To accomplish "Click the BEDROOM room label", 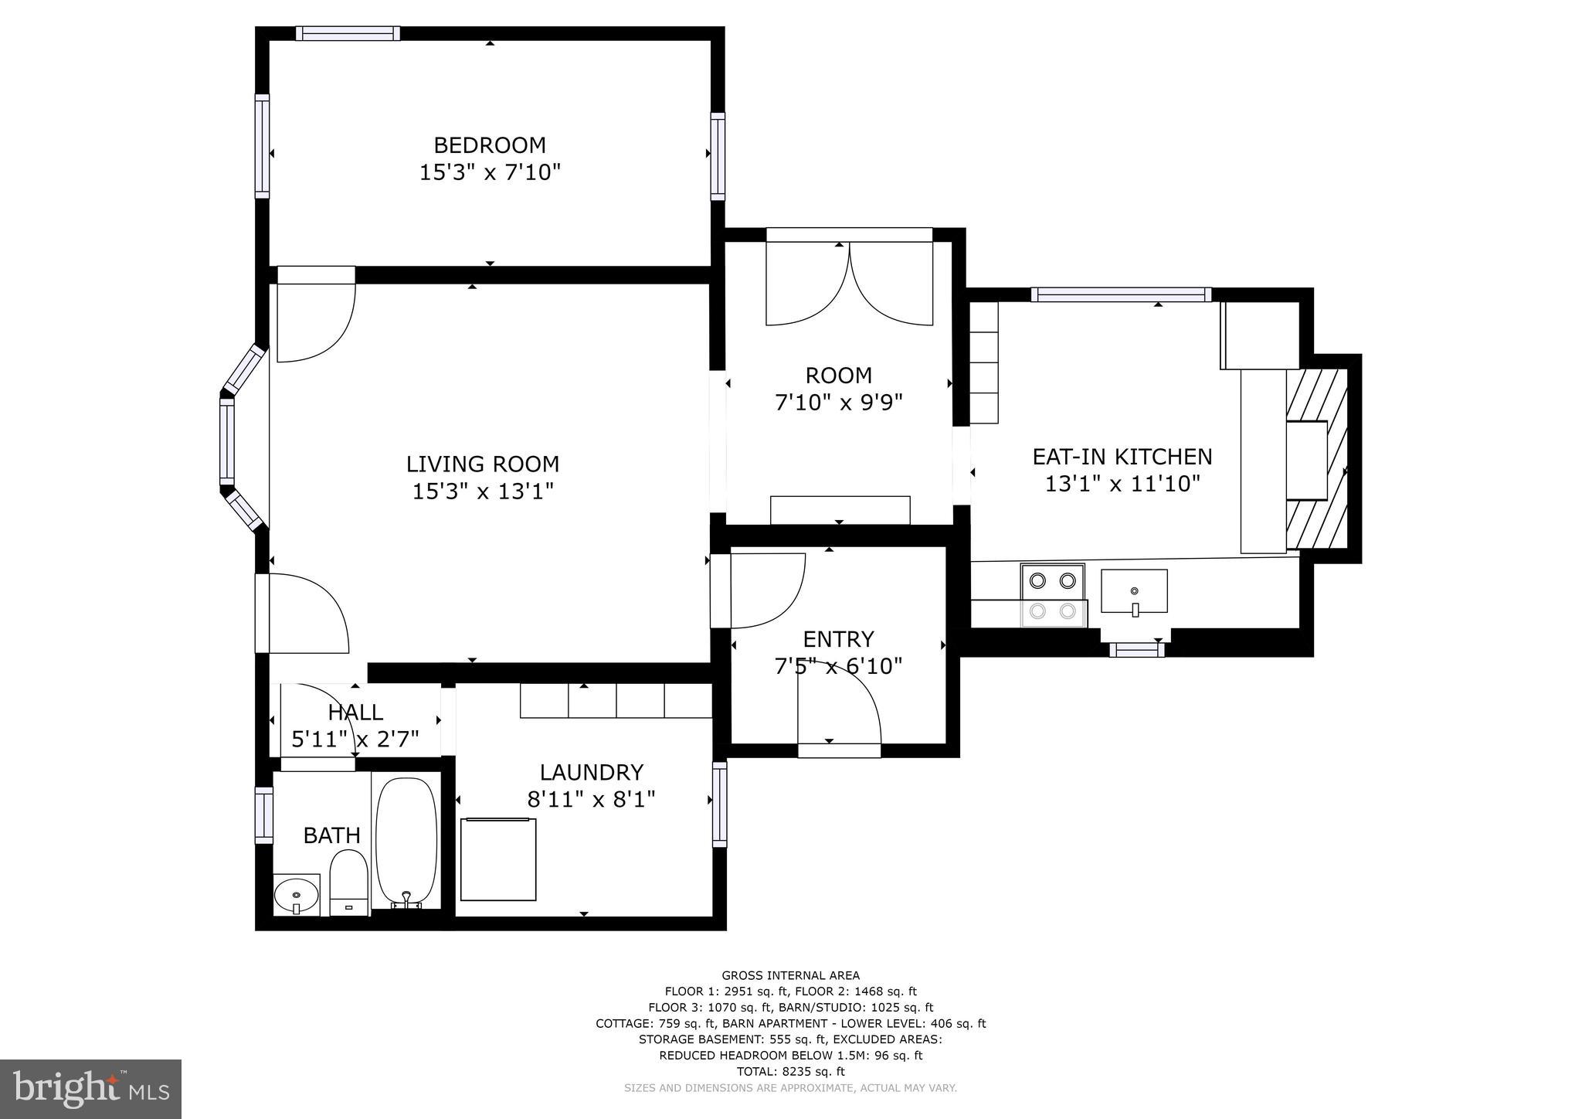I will (489, 145).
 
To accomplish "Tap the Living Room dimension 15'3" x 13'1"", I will (483, 491).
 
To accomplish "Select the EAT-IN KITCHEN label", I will (1122, 457).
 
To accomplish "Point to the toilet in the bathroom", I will (348, 882).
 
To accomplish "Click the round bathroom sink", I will (297, 896).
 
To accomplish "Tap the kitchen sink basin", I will (1133, 591).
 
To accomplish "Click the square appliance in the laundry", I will (498, 859).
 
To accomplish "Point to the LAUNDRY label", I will (591, 773).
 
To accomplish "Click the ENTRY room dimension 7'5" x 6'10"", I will (838, 666).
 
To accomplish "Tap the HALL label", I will (355, 713).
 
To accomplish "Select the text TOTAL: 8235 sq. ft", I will (790, 1071).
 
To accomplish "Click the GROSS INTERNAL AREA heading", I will (790, 975).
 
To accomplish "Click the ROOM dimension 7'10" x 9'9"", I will (838, 403).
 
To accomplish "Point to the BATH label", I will (331, 835).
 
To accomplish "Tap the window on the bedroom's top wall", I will (348, 33).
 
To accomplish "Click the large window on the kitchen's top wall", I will (1121, 294).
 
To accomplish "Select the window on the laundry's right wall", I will (719, 804).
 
